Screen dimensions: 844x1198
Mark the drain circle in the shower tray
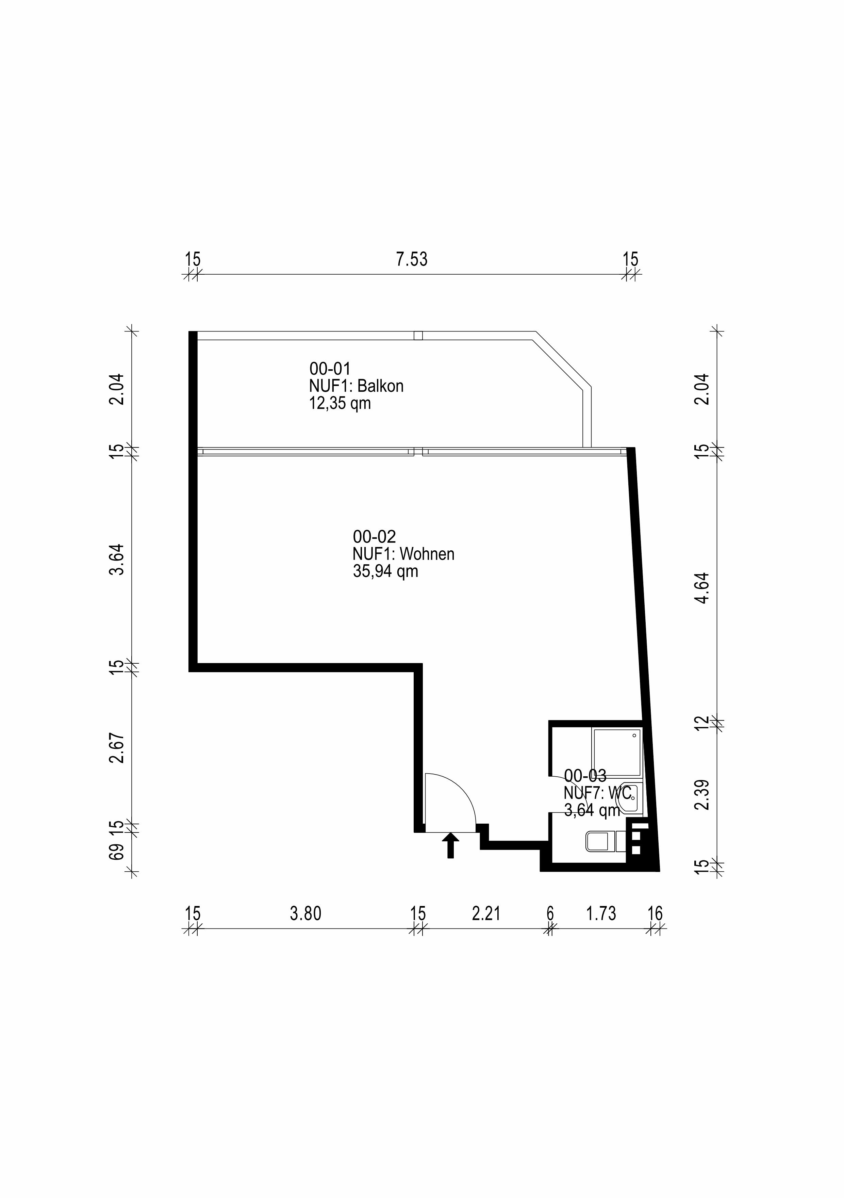click(635, 735)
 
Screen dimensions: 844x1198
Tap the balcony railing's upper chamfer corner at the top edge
click(536, 332)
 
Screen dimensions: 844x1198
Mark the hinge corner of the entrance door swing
click(426, 832)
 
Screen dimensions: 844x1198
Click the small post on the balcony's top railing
click(418, 336)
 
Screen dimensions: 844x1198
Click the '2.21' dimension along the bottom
click(486, 913)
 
